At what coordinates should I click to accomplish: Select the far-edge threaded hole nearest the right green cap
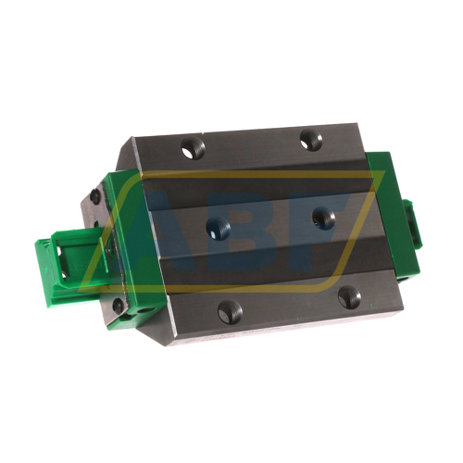click(x=312, y=141)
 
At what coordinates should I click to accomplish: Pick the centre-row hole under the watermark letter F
click(x=323, y=219)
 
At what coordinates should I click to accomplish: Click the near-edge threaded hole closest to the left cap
click(x=230, y=311)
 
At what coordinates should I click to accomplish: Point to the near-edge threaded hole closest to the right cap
click(x=349, y=297)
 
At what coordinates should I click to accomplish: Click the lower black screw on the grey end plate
click(x=118, y=305)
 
